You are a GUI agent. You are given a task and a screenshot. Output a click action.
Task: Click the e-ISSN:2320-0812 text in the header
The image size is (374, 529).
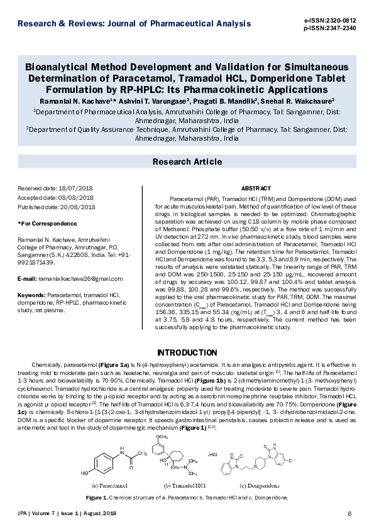click(x=329, y=21)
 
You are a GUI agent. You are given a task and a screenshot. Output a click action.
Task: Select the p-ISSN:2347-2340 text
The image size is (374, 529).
click(x=329, y=28)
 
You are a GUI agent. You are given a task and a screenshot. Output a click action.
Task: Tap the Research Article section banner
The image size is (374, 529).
click(x=187, y=162)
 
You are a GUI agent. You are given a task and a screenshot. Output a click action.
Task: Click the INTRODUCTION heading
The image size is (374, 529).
click(x=187, y=352)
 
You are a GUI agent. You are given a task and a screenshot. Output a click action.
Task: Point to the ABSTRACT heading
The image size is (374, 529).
click(x=256, y=188)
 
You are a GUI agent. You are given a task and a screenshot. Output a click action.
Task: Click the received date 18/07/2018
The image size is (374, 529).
click(x=75, y=188)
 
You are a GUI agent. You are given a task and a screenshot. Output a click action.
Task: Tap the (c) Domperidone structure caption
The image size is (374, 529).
click(x=260, y=485)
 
